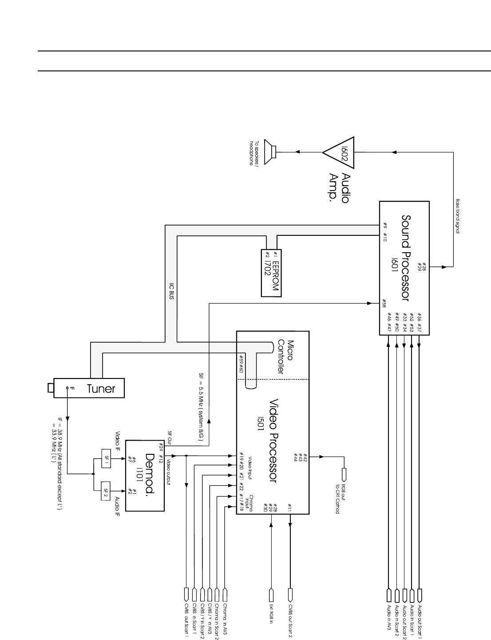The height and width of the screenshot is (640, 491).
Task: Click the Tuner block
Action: [x=89, y=388]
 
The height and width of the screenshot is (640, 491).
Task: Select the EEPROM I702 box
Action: [x=271, y=273]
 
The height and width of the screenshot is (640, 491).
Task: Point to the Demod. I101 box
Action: [x=145, y=476]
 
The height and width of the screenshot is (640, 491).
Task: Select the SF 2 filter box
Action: [x=106, y=491]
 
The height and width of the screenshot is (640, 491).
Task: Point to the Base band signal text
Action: [x=457, y=219]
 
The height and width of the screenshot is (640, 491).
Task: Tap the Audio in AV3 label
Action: [x=389, y=617]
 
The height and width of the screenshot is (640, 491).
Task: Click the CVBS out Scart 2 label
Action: [x=290, y=620]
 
